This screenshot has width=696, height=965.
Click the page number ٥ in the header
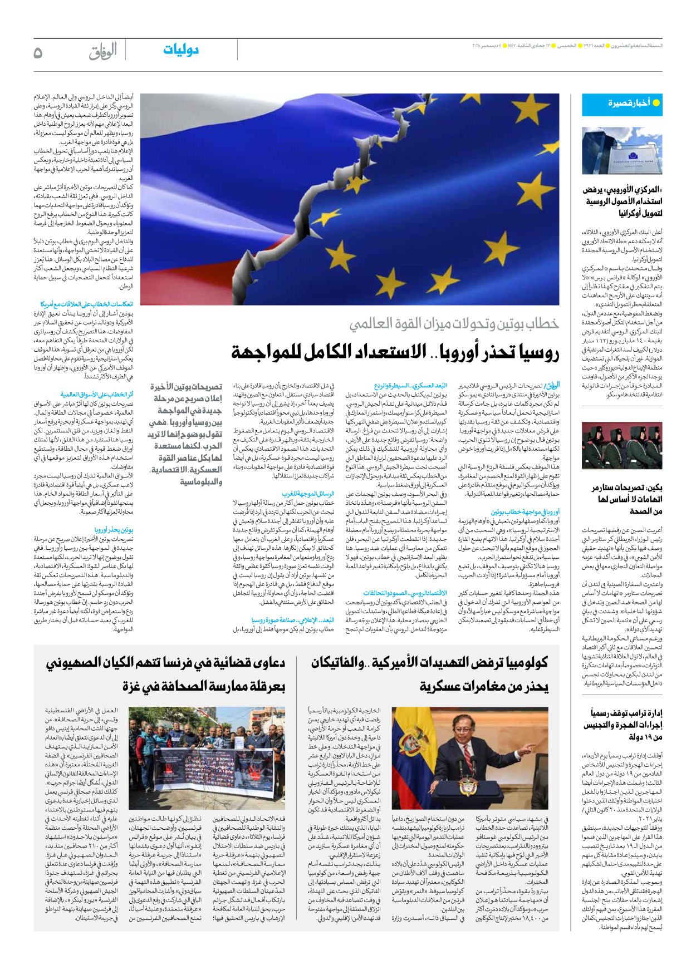pos(38,52)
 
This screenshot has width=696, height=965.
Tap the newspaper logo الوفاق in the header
pos(102,51)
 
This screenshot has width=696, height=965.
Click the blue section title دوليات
pos(181,50)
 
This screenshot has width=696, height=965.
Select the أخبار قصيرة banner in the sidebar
pos(622,104)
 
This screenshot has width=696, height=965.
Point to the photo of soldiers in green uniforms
pos(622,445)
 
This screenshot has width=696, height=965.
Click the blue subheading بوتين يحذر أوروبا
pos(114,530)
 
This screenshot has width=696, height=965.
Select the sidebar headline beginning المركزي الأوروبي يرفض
pos(623,201)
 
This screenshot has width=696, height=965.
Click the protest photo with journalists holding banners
pos(207,757)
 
